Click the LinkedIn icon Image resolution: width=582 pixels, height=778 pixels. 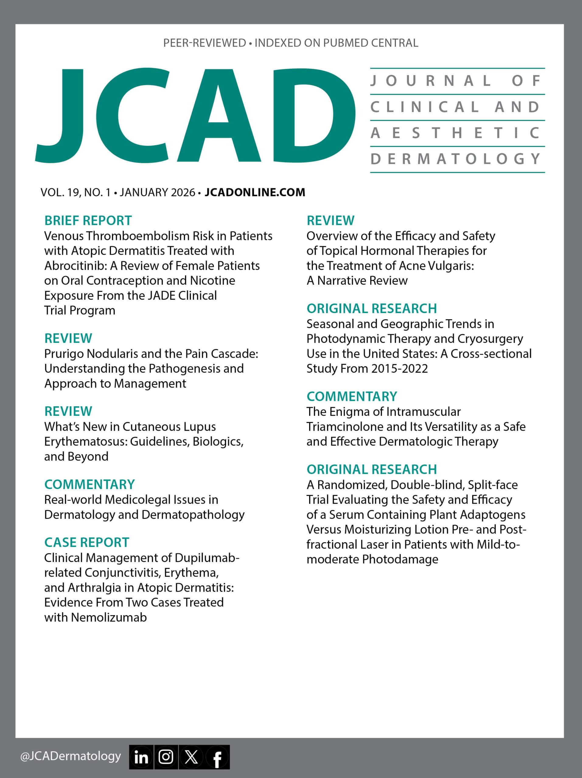pos(141,757)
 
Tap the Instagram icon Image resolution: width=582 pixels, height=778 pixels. pos(166,757)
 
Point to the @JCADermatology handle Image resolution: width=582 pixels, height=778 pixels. pos(70,756)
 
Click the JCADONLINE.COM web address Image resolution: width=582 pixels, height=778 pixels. pos(255,192)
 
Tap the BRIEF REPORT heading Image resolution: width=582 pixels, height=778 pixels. pos(88,221)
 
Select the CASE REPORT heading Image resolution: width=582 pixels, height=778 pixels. pos(87,542)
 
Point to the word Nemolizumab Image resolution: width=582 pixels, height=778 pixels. pos(109,617)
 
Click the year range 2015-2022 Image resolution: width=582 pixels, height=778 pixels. pos(399,368)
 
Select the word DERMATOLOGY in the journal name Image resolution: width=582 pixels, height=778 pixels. pos(456,159)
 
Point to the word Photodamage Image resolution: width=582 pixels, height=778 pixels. pos(400,559)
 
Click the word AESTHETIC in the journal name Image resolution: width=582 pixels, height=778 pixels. pos(456,133)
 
